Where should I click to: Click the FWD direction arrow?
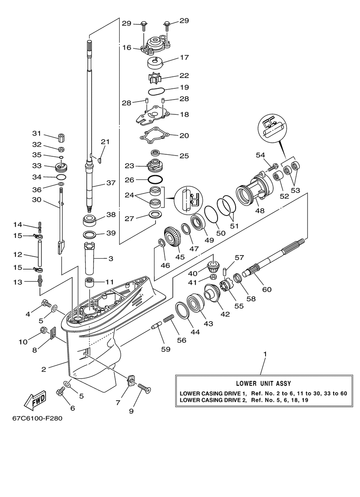pos(35,399)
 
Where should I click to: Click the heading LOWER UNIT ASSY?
pos(263,383)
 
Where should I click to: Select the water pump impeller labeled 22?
pos(154,78)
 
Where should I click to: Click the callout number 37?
pos(111,183)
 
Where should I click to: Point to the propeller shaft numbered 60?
pos(273,257)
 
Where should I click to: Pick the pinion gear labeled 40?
pos(213,266)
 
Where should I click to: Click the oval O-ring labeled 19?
pos(156,92)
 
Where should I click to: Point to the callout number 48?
pos(260,210)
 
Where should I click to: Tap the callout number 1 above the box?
pos(265,354)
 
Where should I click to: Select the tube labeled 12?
pos(40,253)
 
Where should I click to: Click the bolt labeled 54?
pos(270,167)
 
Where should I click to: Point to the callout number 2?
pos(44,369)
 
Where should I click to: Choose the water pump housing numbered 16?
pos(155,45)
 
